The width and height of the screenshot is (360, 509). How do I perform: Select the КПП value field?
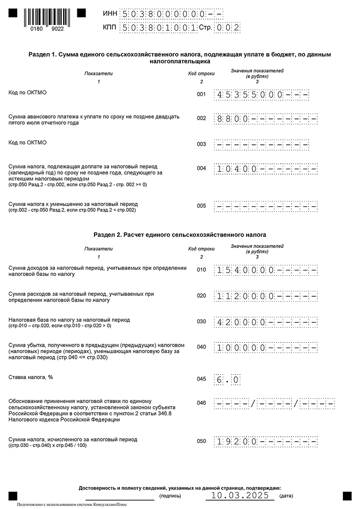coord(159,28)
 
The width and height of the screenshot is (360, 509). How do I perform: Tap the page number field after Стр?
coord(228,28)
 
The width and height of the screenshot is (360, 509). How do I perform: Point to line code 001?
coord(201,94)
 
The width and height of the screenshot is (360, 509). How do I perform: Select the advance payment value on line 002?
coord(266,119)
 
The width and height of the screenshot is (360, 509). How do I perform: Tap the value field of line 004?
coord(266,169)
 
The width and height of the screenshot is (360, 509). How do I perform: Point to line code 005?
coord(201,206)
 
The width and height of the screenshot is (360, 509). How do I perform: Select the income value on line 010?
coord(266,270)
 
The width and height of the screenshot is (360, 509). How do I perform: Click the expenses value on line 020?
coord(266,296)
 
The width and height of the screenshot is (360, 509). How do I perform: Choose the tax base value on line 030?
coord(266,322)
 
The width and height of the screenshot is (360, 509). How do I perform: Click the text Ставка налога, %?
coord(31,377)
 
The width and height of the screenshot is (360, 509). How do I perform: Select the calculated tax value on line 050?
coord(266,442)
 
